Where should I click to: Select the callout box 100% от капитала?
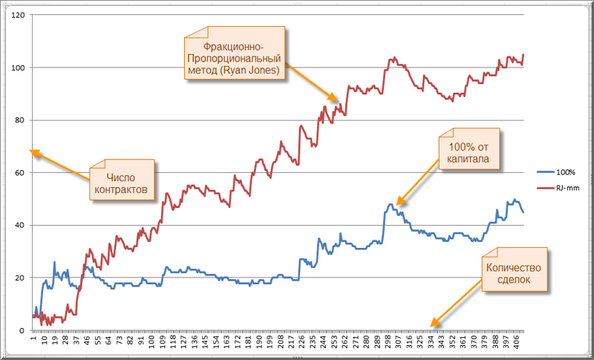pos(470,151)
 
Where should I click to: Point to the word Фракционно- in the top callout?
pos(233,44)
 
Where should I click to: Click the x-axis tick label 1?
pos(33,341)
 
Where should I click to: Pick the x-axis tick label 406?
pos(521,344)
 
